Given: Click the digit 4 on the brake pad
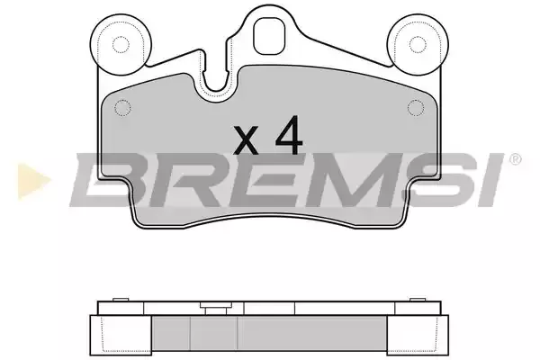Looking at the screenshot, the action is click(289, 135).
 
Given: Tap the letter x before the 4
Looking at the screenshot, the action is click(246, 139).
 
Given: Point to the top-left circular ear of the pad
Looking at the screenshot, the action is click(121, 44).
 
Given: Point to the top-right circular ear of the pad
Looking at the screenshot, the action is click(418, 44).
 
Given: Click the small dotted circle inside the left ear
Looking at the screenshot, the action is click(121, 44).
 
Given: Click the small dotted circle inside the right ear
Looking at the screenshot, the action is click(418, 44).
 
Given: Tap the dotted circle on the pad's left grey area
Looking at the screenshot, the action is click(122, 108).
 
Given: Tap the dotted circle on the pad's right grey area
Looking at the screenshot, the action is click(416, 108).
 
